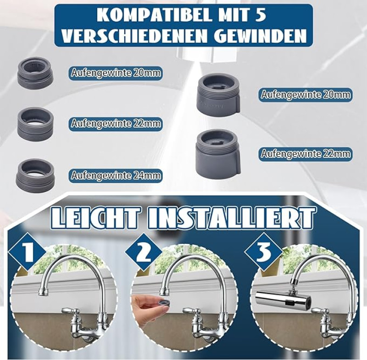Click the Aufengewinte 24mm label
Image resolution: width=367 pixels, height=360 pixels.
pyautogui.click(x=116, y=175)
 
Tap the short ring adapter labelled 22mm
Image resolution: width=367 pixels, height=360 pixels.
pyautogui.click(x=36, y=123)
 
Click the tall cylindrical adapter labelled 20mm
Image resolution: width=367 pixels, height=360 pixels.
pyautogui.click(x=218, y=94)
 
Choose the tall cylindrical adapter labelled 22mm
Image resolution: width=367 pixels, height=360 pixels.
pyautogui.click(x=217, y=153)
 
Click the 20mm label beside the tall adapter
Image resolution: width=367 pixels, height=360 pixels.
pyautogui.click(x=306, y=95)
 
